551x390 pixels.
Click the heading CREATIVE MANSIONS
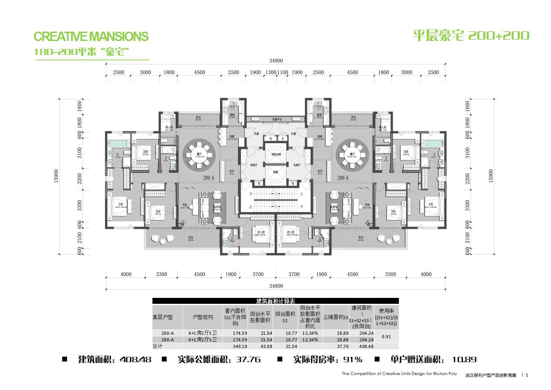tap(91, 36)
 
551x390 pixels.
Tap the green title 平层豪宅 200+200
tap(471, 35)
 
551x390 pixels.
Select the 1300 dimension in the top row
tap(271, 72)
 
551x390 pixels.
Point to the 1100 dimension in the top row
tap(283, 72)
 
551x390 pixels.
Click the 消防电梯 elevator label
tap(276, 154)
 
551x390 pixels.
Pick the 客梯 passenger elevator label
tap(276, 172)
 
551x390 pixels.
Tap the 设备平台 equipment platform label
tap(277, 119)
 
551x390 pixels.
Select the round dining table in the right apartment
tap(352, 155)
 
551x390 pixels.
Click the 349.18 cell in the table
tap(240, 346)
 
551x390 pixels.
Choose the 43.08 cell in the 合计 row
tap(266, 346)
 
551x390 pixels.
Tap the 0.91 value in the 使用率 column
tap(386, 336)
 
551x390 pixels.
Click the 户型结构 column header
tap(203, 317)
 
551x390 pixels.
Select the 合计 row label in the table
tap(158, 346)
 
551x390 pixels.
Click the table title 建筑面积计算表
tap(275, 301)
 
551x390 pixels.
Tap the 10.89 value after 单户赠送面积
tap(464, 359)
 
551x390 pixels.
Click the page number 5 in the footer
tap(527, 375)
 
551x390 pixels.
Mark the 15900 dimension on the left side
tap(56, 176)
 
